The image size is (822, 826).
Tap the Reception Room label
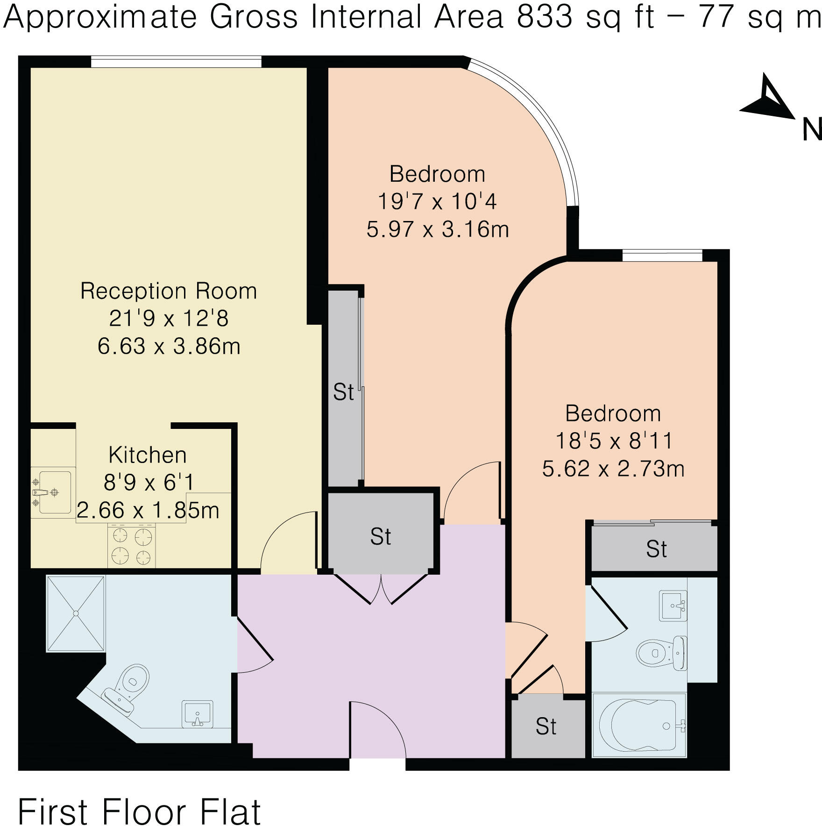click(169, 291)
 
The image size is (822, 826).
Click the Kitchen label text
click(148, 455)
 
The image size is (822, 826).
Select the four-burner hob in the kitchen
click(132, 546)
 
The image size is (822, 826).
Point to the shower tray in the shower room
click(76, 613)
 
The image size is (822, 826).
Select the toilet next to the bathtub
click(661, 653)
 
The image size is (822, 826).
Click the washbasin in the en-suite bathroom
click(673, 606)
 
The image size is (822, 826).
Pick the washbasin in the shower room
click(197, 714)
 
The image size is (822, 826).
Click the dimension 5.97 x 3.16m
click(438, 229)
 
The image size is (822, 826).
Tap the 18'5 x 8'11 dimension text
click(614, 441)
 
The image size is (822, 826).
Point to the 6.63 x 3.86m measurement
click(169, 347)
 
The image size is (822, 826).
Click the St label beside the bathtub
click(546, 726)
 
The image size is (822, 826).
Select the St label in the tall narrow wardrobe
click(343, 392)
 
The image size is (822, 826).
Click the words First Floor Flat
click(139, 799)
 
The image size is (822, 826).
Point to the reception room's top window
click(176, 62)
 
